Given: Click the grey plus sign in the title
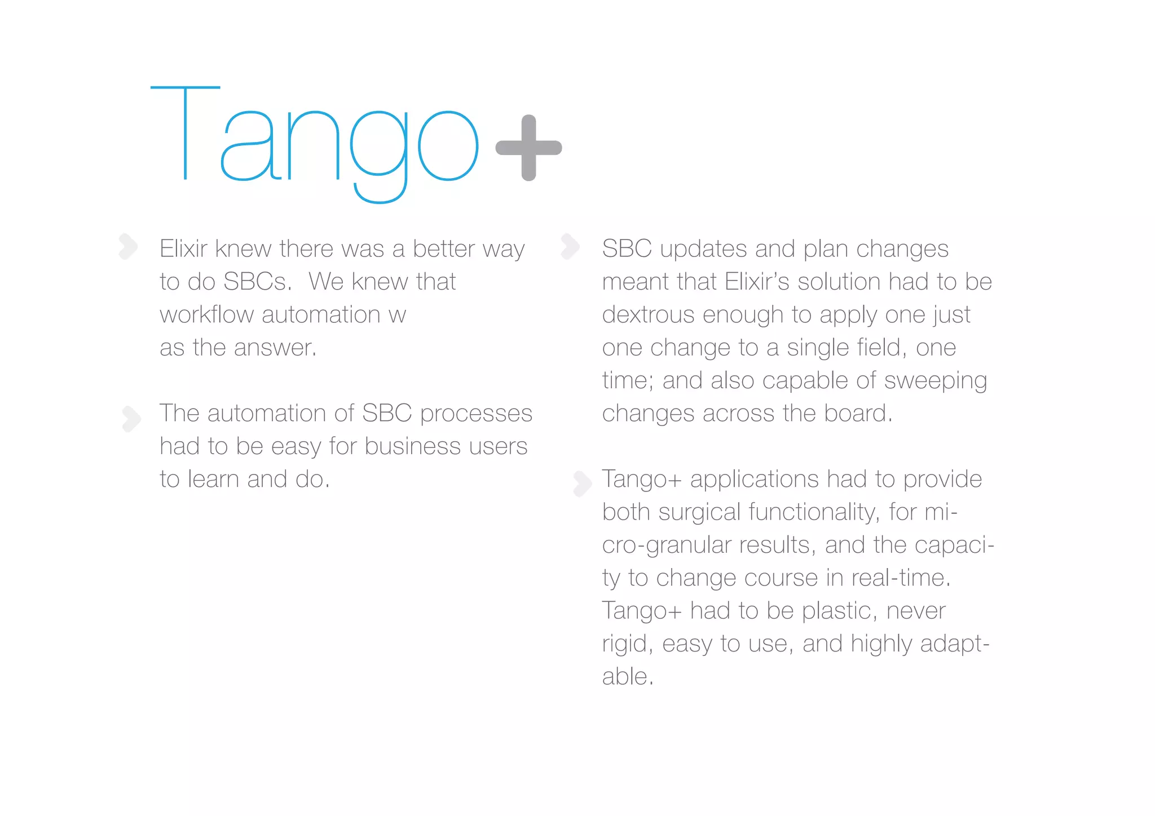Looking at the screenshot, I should coord(528,148).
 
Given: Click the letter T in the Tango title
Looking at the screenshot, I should coord(185,133).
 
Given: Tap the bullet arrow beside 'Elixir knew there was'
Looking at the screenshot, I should coord(129,246).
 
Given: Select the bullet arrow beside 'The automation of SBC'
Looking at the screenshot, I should coord(131,419).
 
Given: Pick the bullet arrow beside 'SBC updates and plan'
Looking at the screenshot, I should coord(570,246).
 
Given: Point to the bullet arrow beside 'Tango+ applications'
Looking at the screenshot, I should coord(582,484).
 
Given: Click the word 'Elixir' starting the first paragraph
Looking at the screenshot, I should coord(183,249).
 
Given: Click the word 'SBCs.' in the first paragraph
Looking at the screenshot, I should coord(257,282).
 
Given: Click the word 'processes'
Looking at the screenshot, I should coord(476,414).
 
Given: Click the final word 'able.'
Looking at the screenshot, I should coord(627,676).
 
